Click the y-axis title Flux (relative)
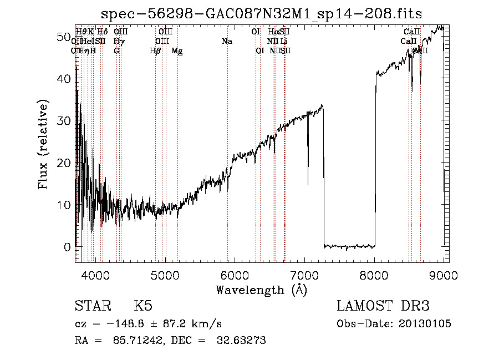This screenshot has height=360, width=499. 44,144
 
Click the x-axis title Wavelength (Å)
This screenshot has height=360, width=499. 261,290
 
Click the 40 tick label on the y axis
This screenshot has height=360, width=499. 64,79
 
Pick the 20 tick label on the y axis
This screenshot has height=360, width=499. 64,163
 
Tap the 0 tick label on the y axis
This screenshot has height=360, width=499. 67,247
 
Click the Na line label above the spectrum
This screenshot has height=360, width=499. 227,42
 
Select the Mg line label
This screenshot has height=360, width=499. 177,51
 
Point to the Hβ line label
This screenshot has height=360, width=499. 156,51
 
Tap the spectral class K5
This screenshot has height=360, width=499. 143,306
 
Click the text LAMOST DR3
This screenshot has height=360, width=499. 383,306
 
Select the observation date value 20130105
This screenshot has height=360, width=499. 428,323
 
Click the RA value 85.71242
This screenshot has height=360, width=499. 129,341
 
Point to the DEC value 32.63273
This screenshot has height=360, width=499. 239,341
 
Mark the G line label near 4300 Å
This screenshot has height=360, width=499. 116,51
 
